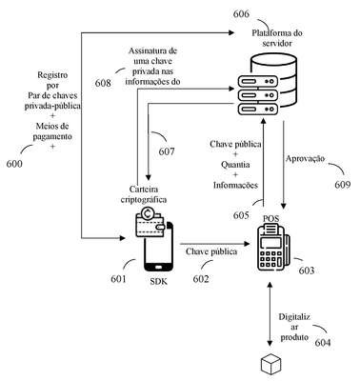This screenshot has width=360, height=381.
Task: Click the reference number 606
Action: click(x=241, y=14)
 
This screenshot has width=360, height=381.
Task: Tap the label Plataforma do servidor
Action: click(x=277, y=38)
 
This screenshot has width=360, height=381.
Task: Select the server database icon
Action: click(x=267, y=85)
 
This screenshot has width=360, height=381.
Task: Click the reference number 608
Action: click(x=103, y=83)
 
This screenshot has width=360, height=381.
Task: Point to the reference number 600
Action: click(x=14, y=164)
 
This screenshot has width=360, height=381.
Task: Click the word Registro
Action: click(x=52, y=75)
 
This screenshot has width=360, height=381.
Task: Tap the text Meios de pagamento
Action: click(x=52, y=131)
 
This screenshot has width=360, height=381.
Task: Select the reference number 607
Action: click(x=167, y=151)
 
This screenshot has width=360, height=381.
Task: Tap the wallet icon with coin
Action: click(x=150, y=222)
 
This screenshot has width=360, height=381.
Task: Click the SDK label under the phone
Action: click(x=158, y=281)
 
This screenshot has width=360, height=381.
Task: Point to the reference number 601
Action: click(x=118, y=279)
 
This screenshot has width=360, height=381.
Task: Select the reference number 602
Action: click(x=201, y=279)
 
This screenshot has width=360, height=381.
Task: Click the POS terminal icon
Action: click(x=273, y=247)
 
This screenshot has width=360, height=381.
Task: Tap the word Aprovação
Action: click(x=305, y=158)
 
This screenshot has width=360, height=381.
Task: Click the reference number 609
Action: click(x=343, y=185)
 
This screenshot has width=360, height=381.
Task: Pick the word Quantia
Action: click(x=235, y=165)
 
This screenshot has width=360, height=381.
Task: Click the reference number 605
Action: click(x=241, y=215)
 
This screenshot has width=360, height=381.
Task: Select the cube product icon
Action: click(x=271, y=365)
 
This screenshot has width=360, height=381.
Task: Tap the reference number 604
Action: click(x=323, y=343)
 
